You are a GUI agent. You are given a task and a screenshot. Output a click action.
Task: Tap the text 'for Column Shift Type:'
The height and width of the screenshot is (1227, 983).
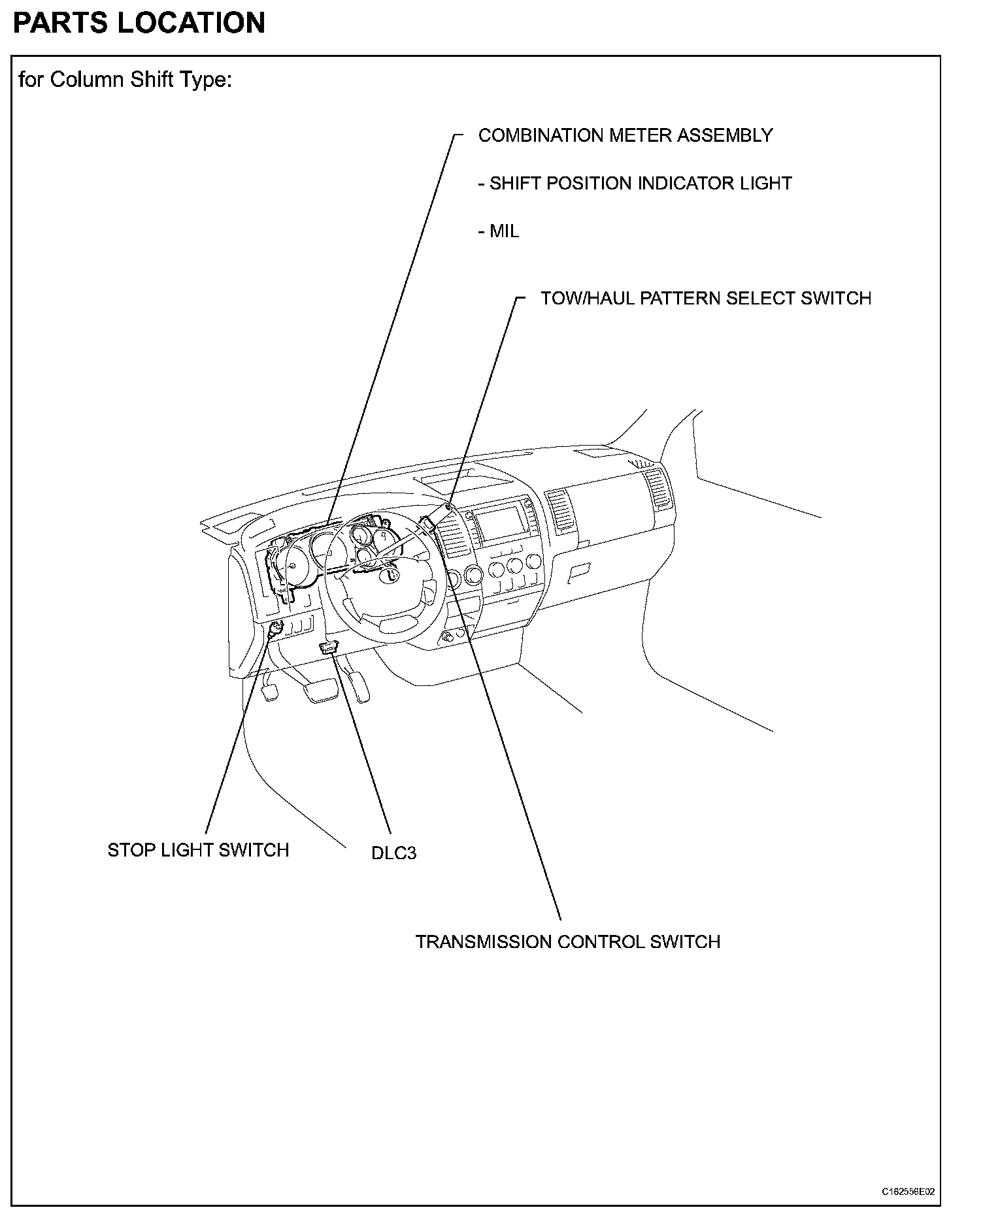(125, 80)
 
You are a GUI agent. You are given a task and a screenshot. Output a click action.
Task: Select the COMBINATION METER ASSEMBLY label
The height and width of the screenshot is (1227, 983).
(625, 135)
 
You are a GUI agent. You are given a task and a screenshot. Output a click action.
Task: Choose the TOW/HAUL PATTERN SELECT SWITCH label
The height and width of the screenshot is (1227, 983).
(706, 298)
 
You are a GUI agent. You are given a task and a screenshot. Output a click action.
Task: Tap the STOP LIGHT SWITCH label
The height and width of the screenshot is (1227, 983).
(198, 849)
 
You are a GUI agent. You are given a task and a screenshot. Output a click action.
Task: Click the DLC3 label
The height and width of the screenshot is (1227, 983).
(393, 853)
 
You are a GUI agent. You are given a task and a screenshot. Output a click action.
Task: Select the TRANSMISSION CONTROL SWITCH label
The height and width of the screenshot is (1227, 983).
(568, 941)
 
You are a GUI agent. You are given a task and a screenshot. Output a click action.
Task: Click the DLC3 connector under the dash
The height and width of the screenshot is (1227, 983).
(328, 647)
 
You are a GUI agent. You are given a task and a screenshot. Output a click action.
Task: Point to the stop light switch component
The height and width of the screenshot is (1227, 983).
(274, 630)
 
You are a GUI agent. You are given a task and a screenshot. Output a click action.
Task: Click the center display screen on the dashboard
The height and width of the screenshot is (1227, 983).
(501, 522)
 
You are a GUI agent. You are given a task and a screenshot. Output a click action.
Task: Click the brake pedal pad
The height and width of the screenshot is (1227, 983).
(320, 691)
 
